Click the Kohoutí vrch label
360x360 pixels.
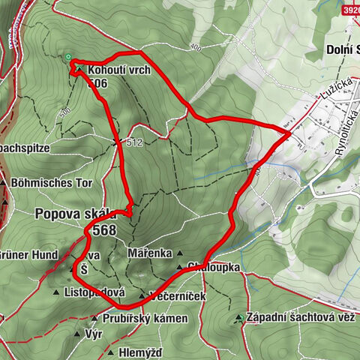click(x=118, y=70)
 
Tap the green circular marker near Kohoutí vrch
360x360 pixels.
click(x=68, y=57)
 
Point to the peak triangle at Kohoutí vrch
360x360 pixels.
click(x=79, y=69)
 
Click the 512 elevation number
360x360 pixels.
click(x=135, y=142)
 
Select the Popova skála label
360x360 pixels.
click(x=72, y=213)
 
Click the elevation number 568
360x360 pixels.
click(x=105, y=231)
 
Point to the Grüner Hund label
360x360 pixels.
click(x=28, y=255)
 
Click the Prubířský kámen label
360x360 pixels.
click(x=136, y=319)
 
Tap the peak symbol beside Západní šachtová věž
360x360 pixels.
click(x=238, y=318)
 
